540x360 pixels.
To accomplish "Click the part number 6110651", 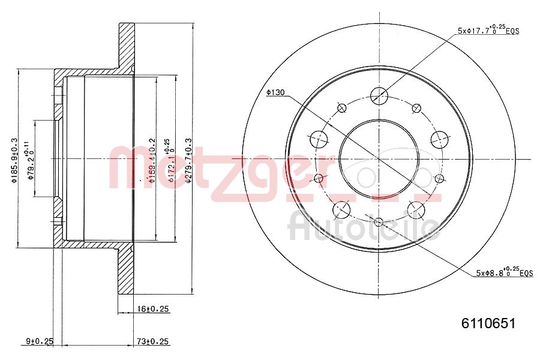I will [488, 323].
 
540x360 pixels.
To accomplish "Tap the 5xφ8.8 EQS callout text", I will [504, 272].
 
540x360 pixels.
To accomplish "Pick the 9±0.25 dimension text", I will [40, 341].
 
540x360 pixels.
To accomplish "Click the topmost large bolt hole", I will [379, 95].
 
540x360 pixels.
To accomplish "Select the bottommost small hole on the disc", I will [378, 223].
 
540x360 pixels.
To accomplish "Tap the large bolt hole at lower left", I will [341, 209].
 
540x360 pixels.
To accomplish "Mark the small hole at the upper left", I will [342, 108].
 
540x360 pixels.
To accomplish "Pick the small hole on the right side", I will [439, 178].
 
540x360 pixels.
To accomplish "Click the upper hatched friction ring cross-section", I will [127, 45].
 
